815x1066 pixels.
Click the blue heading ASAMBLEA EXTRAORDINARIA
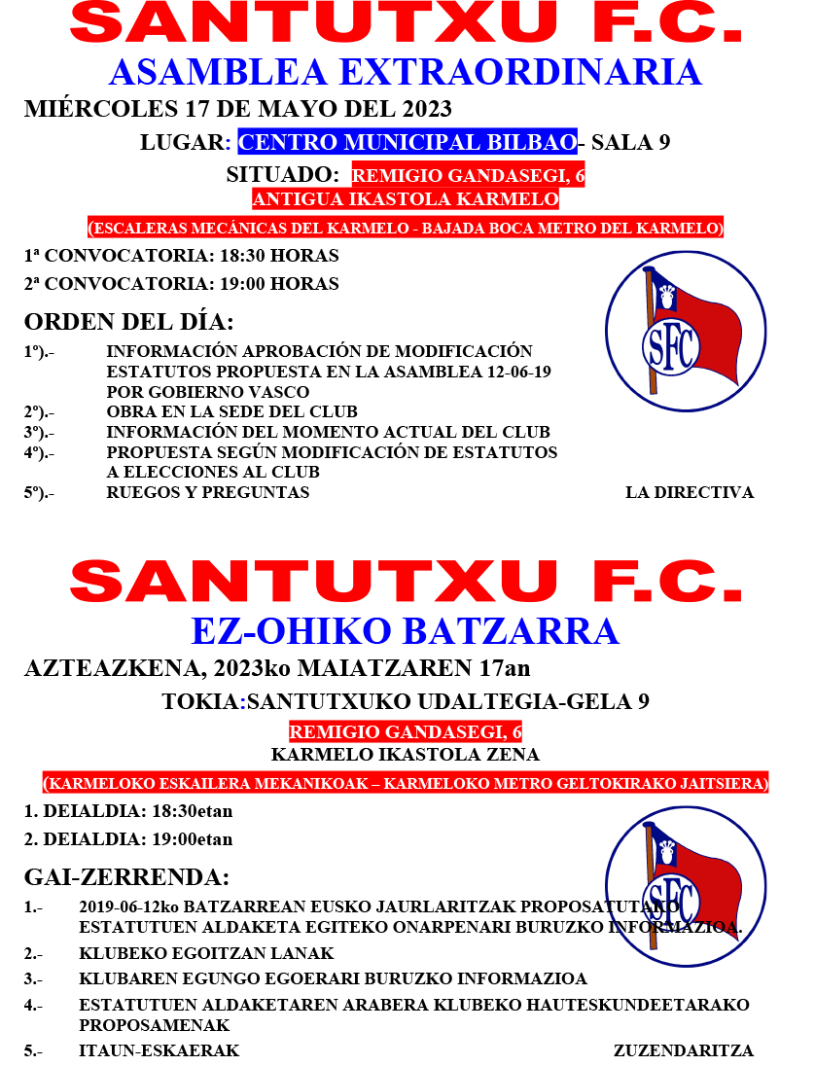406,73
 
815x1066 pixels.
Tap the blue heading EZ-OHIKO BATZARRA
406,631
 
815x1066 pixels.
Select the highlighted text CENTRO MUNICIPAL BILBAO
407,142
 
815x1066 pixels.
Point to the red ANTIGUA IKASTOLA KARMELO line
406,199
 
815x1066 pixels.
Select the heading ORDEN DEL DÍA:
129,322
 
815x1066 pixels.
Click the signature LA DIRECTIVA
689,492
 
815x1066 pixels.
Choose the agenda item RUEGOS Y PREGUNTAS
207,492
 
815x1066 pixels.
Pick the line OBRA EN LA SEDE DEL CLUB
231,411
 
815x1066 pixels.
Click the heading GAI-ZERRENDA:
126,877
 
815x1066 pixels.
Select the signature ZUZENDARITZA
683,1050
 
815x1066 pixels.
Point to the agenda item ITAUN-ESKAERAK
159,1050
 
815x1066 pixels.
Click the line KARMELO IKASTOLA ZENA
406,755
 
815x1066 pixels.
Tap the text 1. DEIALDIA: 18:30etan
128,811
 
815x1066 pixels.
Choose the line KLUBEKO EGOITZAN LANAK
206,953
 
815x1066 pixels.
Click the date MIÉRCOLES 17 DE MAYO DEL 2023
238,108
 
